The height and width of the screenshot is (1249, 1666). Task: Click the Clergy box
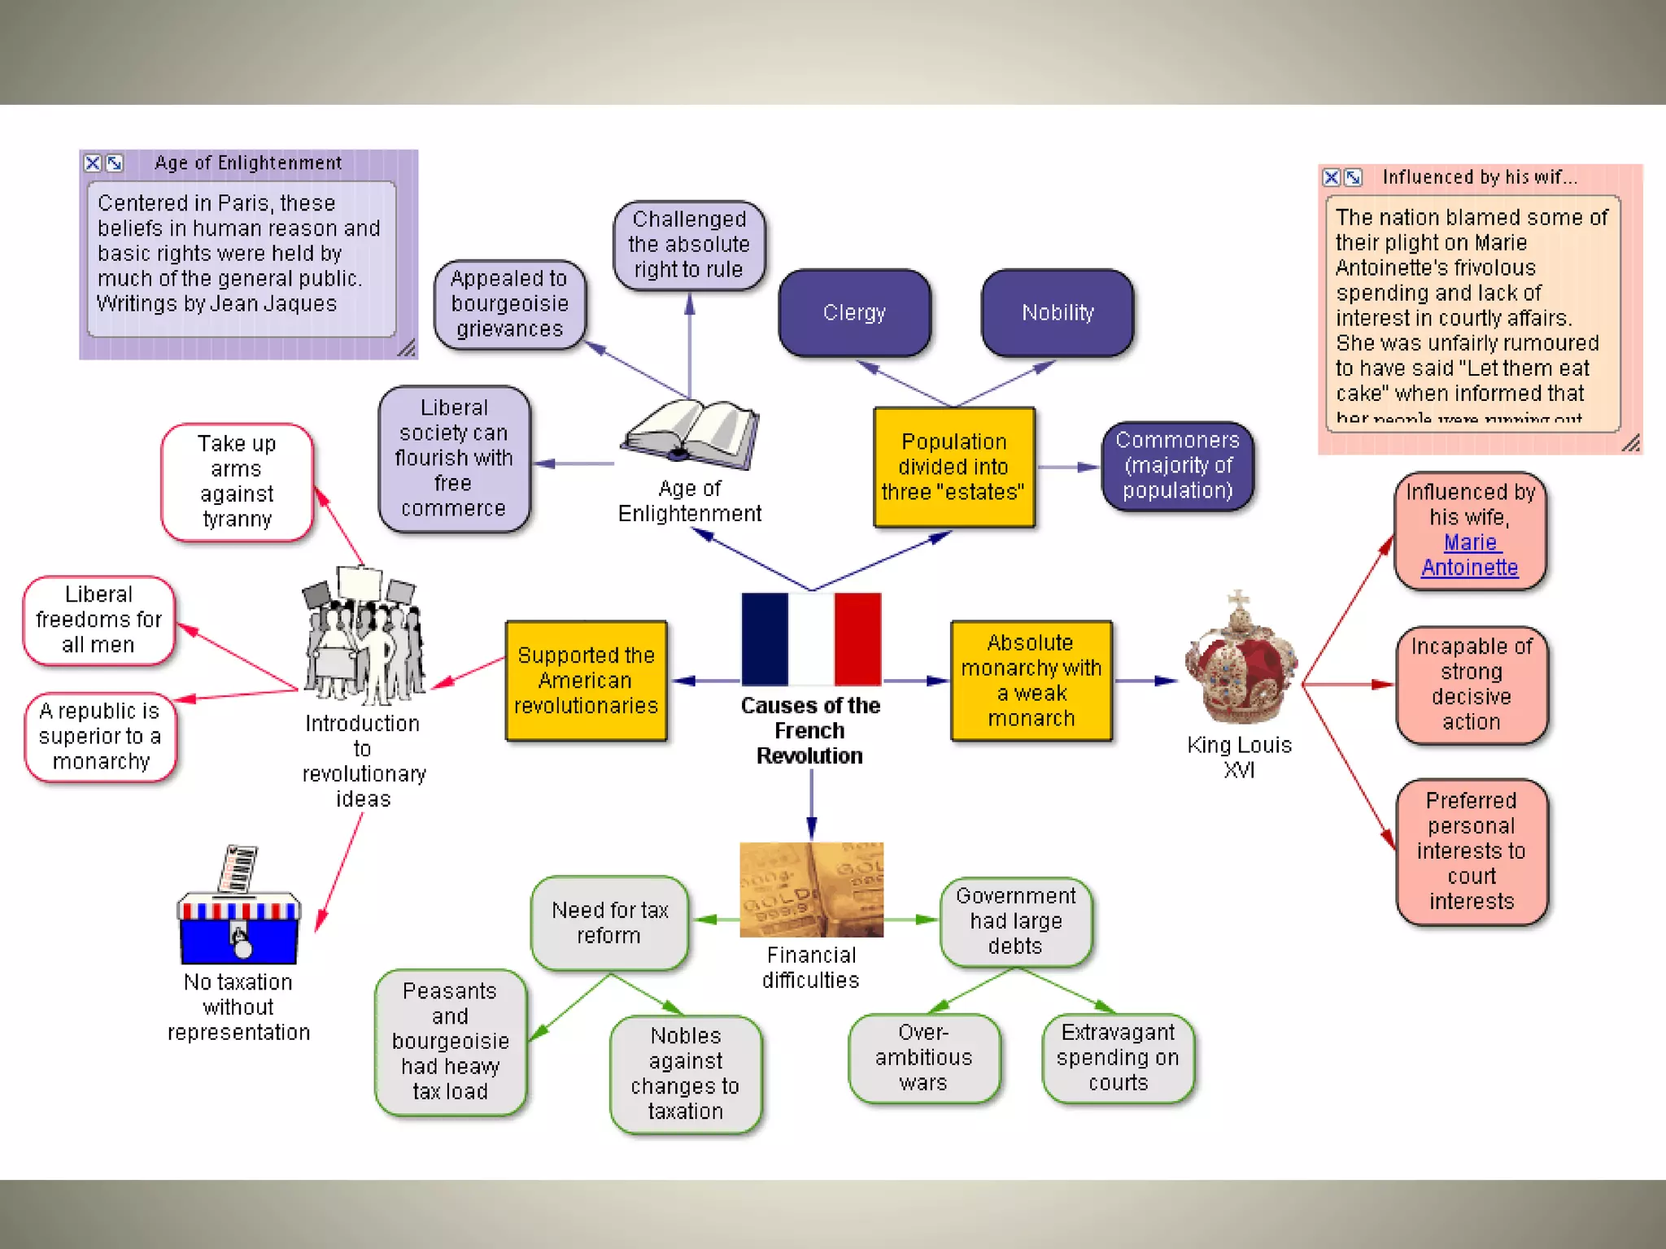point(854,313)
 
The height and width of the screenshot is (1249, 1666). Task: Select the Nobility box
point(1058,313)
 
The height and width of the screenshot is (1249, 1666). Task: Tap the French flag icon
point(811,639)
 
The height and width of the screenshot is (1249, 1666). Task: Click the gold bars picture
point(811,890)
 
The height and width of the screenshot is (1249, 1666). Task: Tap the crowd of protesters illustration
point(363,638)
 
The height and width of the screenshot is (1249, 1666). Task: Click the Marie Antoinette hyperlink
point(1470,555)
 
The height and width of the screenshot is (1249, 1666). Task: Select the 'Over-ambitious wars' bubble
point(923,1058)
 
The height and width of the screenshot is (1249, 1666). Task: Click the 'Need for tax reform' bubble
point(609,923)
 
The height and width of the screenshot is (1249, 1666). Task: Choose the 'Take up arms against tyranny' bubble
point(237,481)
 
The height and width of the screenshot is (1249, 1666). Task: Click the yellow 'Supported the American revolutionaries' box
point(586,681)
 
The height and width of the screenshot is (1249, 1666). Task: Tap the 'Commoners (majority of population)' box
point(1177,466)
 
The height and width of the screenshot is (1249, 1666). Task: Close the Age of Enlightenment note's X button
point(93,163)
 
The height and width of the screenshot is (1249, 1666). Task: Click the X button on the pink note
point(1331,177)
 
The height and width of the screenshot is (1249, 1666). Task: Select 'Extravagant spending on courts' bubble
point(1118,1058)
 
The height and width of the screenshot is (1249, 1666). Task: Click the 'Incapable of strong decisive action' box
point(1471,685)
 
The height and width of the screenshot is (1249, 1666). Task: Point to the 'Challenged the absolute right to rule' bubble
point(689,245)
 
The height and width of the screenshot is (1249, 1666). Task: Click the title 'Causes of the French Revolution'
point(810,730)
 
